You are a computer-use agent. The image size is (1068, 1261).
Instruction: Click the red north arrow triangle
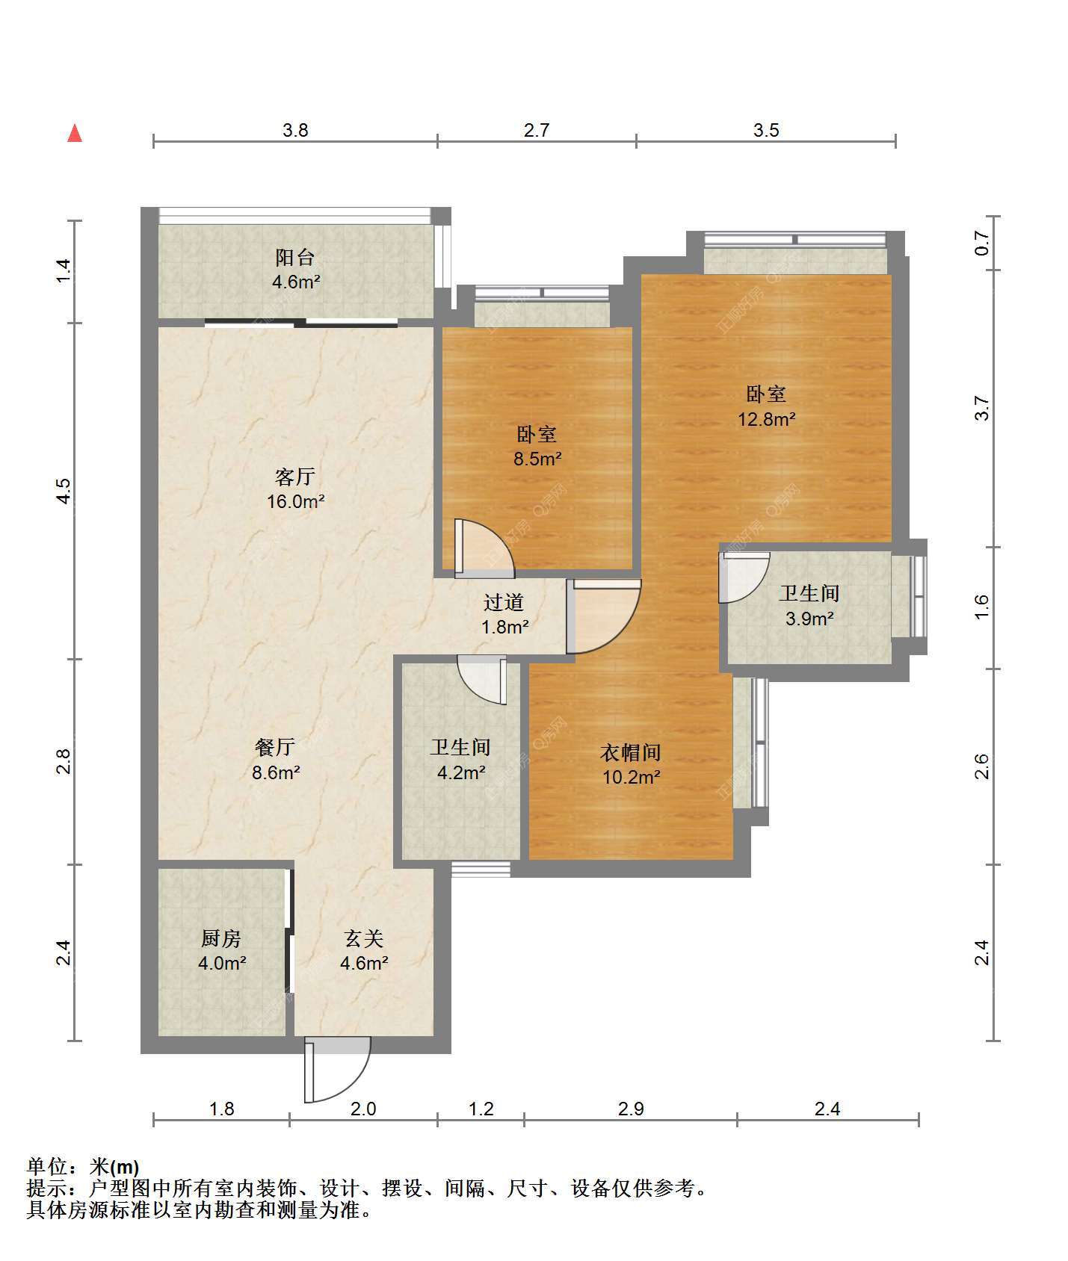click(75, 133)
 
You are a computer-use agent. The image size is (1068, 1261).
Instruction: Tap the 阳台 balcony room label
click(295, 258)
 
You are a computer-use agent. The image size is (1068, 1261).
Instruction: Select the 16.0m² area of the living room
click(296, 501)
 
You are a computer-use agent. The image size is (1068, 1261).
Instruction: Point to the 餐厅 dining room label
click(275, 746)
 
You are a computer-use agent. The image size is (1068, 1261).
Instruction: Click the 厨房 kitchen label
click(221, 938)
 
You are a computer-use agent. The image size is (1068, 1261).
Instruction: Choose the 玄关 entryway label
click(364, 938)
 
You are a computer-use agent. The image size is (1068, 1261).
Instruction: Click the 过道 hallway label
click(504, 602)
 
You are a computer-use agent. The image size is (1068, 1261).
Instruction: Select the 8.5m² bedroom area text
click(537, 459)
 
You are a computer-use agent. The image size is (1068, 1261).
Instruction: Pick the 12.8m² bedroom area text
click(767, 419)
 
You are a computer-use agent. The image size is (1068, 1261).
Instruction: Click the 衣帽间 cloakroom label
click(631, 752)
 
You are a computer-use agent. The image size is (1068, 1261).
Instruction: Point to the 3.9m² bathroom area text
click(809, 619)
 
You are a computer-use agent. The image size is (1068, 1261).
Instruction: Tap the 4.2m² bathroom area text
click(461, 772)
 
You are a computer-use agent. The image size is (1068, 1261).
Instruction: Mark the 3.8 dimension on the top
click(295, 130)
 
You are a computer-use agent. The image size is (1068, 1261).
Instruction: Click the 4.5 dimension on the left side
click(64, 491)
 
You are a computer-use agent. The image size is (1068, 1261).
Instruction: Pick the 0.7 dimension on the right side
click(982, 244)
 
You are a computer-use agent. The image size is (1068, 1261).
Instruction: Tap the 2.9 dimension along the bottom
click(631, 1109)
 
